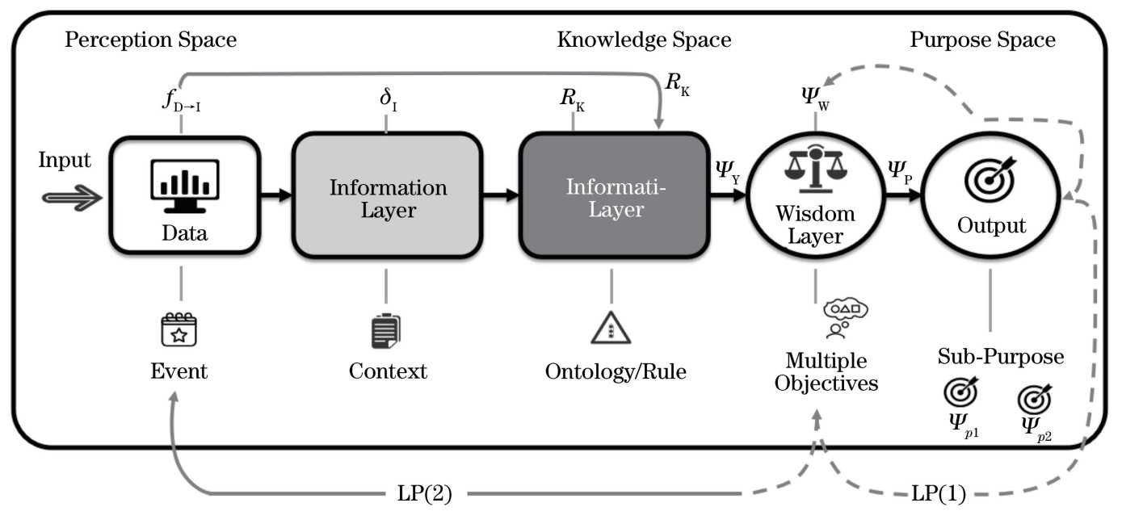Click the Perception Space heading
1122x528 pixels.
(x=151, y=39)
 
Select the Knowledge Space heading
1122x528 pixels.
(x=644, y=39)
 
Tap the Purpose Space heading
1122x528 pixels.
(x=982, y=39)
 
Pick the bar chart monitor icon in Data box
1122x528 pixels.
(x=184, y=185)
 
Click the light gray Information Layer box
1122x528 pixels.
(x=387, y=198)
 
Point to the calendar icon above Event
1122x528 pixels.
(x=179, y=329)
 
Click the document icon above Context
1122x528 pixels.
(x=387, y=331)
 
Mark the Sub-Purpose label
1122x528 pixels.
(x=1001, y=357)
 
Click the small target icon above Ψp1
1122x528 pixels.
(x=961, y=392)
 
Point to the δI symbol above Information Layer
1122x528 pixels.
(x=386, y=103)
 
